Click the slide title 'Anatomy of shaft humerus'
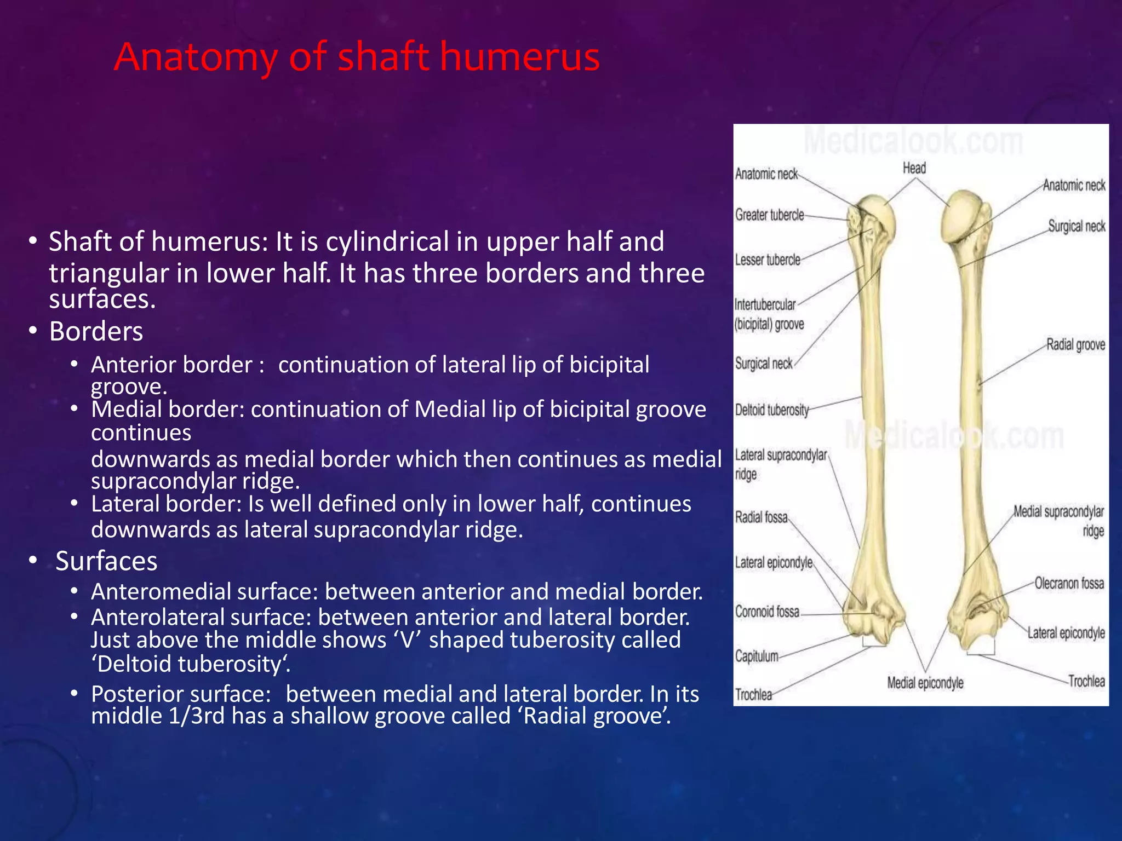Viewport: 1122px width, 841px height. [357, 57]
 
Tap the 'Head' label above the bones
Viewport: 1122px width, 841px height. [914, 168]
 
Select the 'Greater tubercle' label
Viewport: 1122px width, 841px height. [769, 215]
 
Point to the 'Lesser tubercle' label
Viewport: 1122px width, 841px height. [767, 260]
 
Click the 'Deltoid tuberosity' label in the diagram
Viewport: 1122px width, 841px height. [771, 410]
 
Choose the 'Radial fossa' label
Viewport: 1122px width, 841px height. [761, 517]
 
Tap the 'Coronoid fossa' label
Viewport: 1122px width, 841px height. [767, 612]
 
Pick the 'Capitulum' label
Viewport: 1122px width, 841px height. [757, 656]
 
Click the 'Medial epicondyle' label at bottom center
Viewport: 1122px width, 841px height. [925, 683]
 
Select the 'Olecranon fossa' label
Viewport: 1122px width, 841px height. [1069, 584]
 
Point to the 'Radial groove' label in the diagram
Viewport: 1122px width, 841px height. [1075, 345]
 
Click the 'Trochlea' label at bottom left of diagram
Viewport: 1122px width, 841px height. [753, 695]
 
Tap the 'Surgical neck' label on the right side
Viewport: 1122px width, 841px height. [1077, 226]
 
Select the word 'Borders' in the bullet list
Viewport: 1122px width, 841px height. [96, 332]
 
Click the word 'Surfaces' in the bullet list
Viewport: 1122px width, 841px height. [106, 561]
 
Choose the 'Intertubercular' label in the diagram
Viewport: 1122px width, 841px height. [765, 304]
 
